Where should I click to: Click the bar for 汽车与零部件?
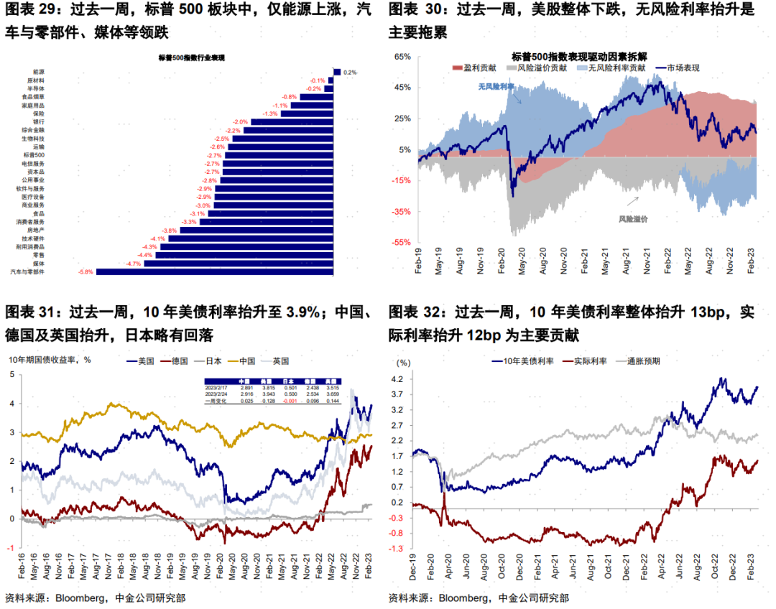pyautogui.click(x=216, y=271)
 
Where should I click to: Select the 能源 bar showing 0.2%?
pyautogui.click(x=336, y=72)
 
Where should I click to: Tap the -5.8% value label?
pyautogui.click(x=85, y=271)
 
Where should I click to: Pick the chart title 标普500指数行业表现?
pyautogui.click(x=191, y=57)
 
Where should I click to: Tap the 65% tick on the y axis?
pyautogui.click(x=402, y=56)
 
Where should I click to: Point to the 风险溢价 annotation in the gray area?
pyautogui.click(x=634, y=218)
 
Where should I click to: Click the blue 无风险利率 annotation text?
pyautogui.click(x=496, y=86)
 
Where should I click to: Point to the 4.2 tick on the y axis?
pyautogui.click(x=397, y=378)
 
